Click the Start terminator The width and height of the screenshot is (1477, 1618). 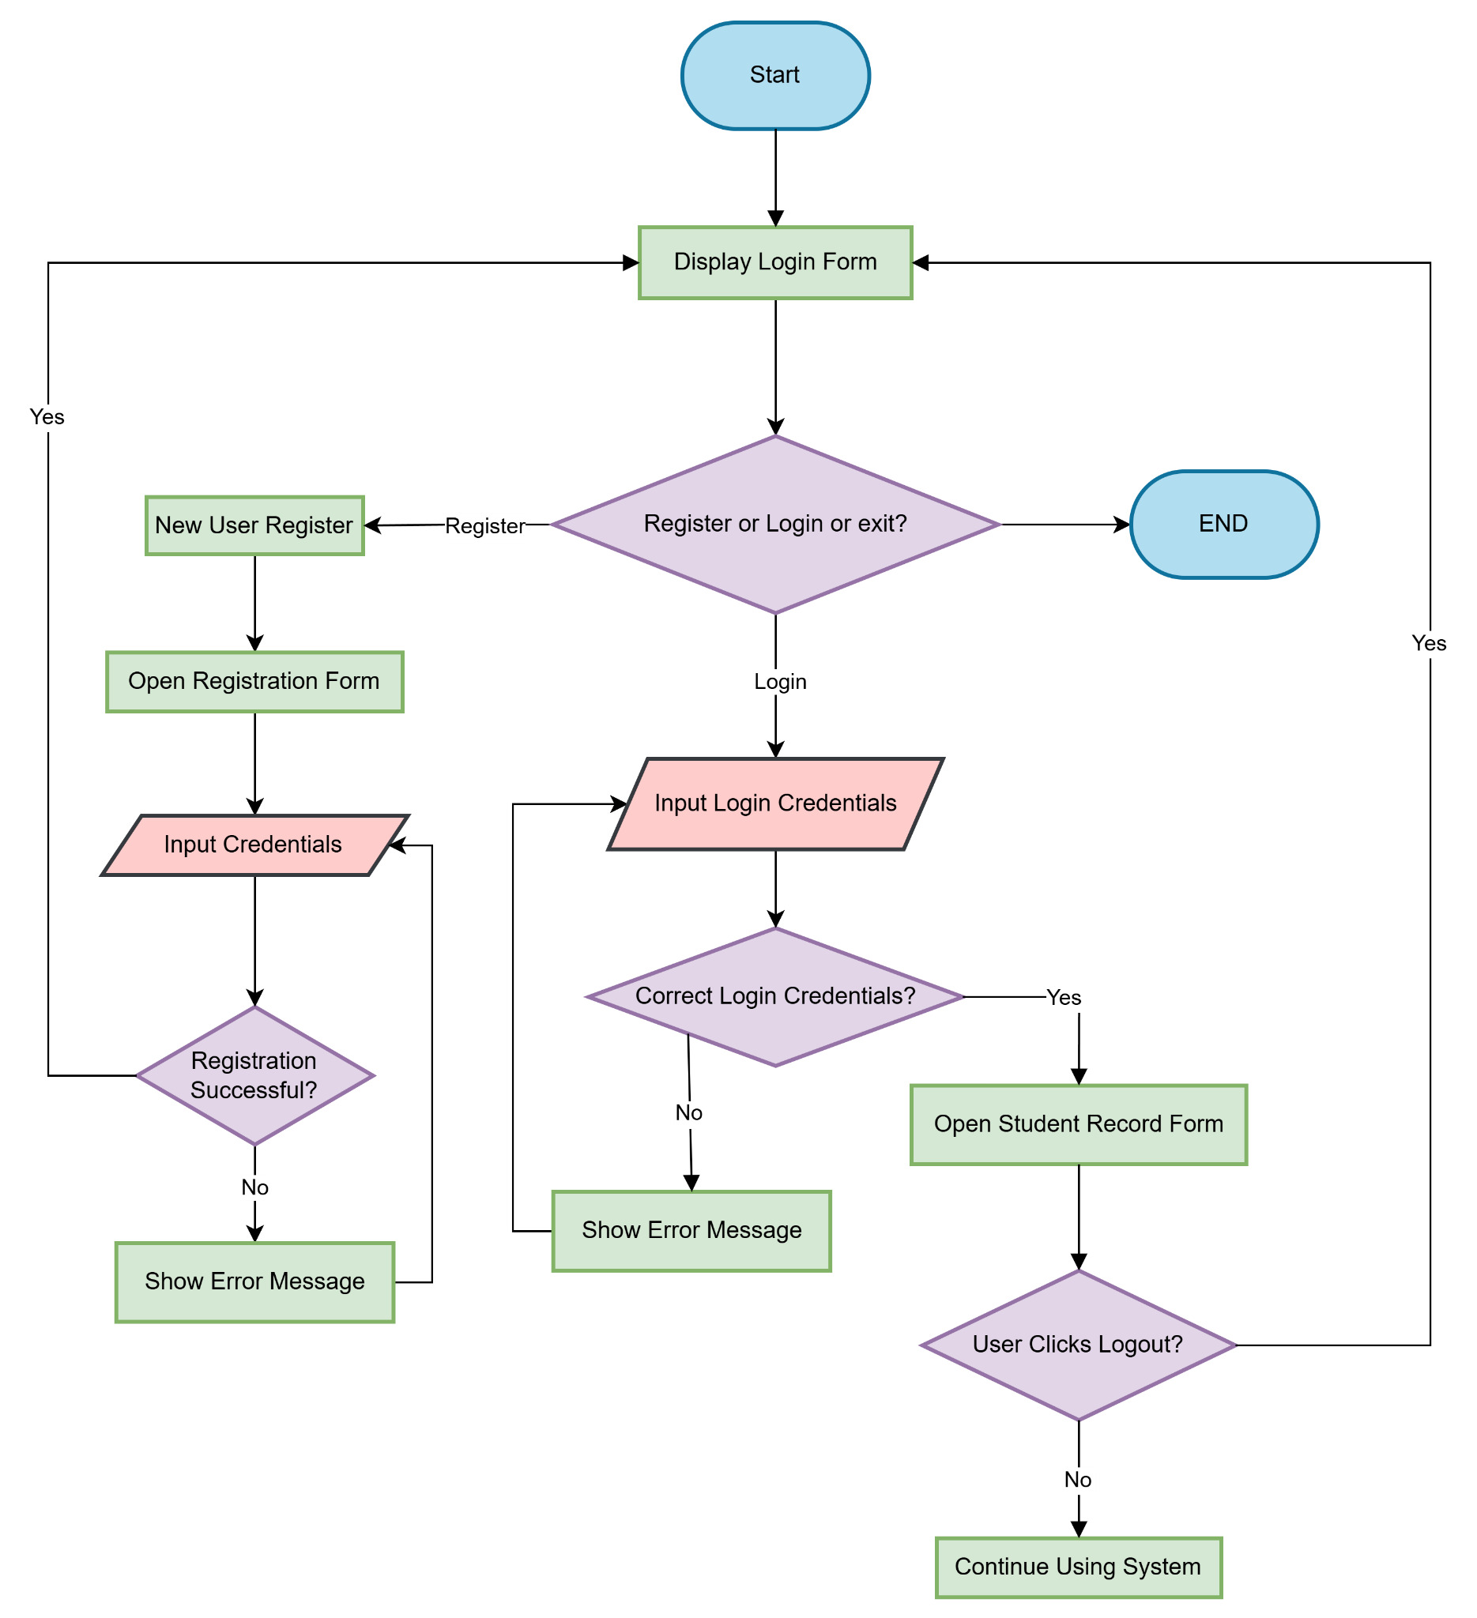pyautogui.click(x=775, y=75)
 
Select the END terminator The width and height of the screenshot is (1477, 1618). pyautogui.click(x=1223, y=524)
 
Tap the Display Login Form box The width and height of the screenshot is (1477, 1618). pyautogui.click(x=775, y=262)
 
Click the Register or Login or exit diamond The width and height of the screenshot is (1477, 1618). pyautogui.click(x=775, y=524)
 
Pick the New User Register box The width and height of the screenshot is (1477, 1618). pyautogui.click(x=254, y=525)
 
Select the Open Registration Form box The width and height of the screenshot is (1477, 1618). pyautogui.click(x=254, y=681)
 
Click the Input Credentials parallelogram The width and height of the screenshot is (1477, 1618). pyautogui.click(x=254, y=845)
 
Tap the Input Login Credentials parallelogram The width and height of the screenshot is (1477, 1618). pyautogui.click(x=775, y=803)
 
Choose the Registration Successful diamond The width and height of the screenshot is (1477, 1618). pyautogui.click(x=254, y=1075)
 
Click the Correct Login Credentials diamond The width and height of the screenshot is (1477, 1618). pyautogui.click(x=775, y=997)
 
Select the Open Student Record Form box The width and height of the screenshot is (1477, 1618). pyautogui.click(x=1078, y=1124)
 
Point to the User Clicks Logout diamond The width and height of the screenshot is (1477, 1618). pyautogui.click(x=1078, y=1345)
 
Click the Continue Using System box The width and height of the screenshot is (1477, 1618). pyautogui.click(x=1078, y=1567)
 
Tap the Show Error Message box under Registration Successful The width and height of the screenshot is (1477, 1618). pyautogui.click(x=254, y=1281)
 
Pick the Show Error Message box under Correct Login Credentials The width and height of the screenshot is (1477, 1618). pyautogui.click(x=691, y=1230)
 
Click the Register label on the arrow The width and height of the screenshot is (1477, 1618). pyautogui.click(x=485, y=526)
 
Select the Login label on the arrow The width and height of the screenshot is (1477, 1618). pyautogui.click(x=779, y=682)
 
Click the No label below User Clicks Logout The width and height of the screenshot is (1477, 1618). pyautogui.click(x=1077, y=1480)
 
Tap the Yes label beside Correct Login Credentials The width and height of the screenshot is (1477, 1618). pyautogui.click(x=1064, y=998)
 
